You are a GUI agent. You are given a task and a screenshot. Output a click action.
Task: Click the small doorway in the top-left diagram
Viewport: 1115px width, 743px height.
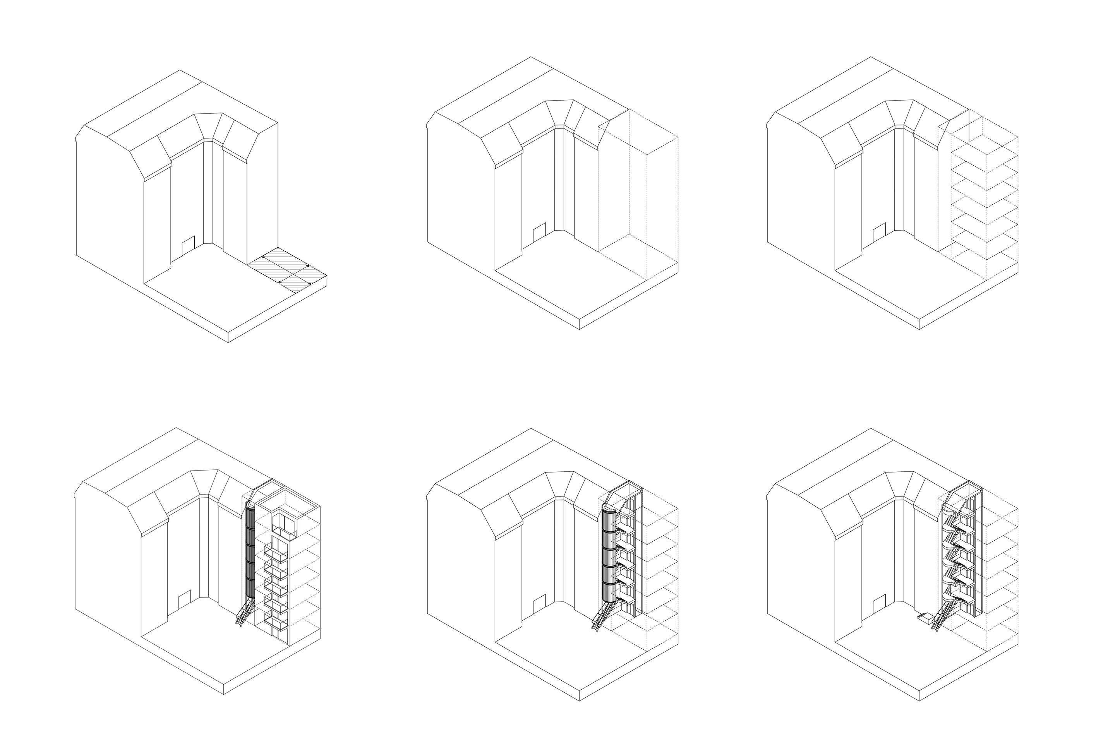click(188, 245)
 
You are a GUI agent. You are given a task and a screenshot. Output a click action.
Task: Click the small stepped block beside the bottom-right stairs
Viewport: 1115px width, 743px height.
click(925, 618)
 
